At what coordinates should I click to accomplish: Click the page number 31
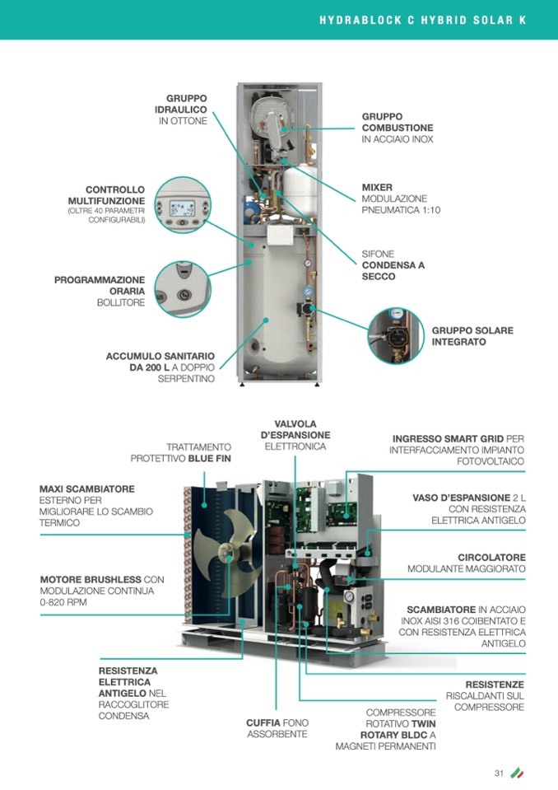tap(498, 773)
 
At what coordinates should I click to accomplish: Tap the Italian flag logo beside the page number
tap(517, 773)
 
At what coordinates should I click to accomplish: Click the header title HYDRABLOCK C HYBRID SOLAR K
tap(422, 19)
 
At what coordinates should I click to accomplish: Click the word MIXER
tap(377, 188)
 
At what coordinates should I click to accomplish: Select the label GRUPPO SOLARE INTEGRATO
tap(472, 336)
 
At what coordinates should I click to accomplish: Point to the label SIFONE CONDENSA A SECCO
tap(393, 265)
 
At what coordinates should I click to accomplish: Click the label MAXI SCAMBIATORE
tap(86, 488)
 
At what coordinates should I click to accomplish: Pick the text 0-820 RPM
tap(63, 602)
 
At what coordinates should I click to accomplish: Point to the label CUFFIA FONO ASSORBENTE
tap(277, 728)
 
